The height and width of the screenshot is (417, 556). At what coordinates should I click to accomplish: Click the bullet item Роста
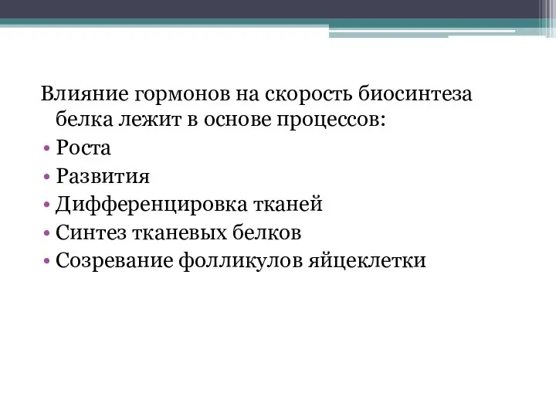pyautogui.click(x=83, y=148)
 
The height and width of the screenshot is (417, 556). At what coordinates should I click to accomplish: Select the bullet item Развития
pyautogui.click(x=103, y=176)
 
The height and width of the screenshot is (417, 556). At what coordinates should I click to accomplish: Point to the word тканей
pyautogui.click(x=285, y=205)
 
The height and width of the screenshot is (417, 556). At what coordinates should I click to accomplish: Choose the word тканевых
pyautogui.click(x=173, y=232)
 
